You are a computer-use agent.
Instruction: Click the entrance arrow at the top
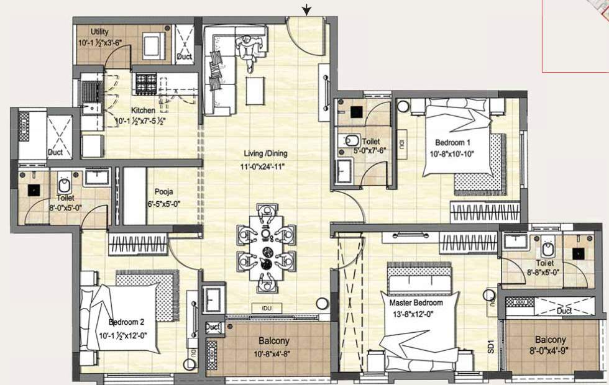coord(306,9)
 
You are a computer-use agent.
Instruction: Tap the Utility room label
coord(100,32)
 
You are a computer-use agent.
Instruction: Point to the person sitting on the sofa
coord(249,52)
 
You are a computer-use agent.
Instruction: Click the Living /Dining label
coord(266,153)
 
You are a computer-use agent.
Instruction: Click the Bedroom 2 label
coord(127,322)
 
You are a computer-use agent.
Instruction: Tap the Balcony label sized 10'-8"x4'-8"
coord(273,342)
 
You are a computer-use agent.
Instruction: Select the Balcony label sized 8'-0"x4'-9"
coord(550,340)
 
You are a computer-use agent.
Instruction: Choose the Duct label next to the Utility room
coord(184,57)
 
